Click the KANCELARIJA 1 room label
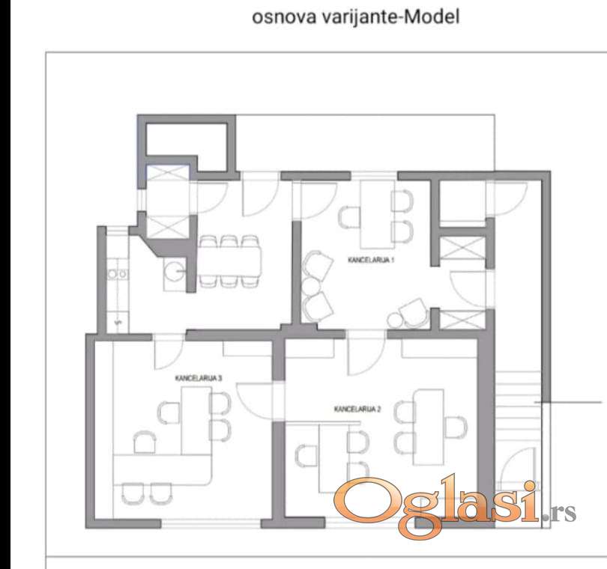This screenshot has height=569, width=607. point(371,260)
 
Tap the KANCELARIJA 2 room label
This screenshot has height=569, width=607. point(357,409)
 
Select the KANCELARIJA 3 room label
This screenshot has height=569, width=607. point(199,378)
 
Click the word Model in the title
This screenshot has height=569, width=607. point(431,17)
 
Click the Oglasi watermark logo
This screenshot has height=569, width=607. point(455,506)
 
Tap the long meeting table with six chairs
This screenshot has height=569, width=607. point(229,261)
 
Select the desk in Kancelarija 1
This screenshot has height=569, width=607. point(378,214)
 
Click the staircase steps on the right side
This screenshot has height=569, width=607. point(518,407)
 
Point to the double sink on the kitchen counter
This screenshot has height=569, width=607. point(116,274)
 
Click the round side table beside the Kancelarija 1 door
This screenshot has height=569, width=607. point(394,320)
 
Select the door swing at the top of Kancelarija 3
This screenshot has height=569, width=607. point(169,353)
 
